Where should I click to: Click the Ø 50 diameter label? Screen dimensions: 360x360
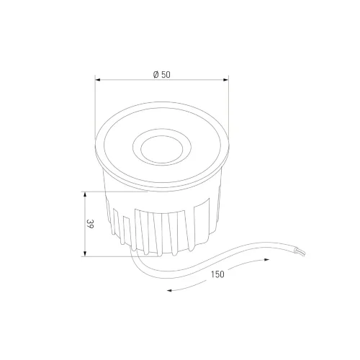click(162, 75)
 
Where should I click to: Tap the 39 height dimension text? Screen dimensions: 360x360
click(90, 224)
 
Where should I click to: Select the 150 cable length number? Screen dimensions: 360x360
click(217, 274)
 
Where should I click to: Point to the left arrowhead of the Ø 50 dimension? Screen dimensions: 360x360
click(97, 80)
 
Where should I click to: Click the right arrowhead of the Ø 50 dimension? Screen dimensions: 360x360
click(226, 80)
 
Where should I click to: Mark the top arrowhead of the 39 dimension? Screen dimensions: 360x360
click(85, 194)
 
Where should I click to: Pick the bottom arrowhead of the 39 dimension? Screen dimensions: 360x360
click(85, 254)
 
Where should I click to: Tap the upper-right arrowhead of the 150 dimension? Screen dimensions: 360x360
click(266, 260)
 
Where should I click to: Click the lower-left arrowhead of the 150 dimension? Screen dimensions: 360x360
click(169, 291)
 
